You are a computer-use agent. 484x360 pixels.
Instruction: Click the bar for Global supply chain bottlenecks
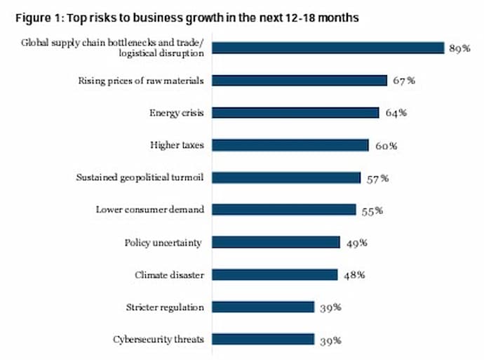tap(328, 48)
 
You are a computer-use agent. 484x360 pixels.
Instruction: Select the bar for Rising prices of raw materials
tap(299, 80)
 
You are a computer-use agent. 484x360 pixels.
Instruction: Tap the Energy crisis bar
tap(295, 112)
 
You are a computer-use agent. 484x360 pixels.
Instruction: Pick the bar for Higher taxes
tap(290, 145)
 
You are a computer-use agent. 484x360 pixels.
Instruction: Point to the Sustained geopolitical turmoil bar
tap(285, 178)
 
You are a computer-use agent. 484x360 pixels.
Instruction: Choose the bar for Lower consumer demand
tap(283, 209)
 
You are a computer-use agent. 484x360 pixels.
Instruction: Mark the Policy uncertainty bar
tap(276, 242)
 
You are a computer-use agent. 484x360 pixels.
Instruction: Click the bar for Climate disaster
tap(274, 274)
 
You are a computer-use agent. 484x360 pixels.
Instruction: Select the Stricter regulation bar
tap(262, 307)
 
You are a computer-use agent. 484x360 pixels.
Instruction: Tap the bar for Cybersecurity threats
tap(262, 340)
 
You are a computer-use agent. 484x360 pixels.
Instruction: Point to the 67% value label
tap(404, 81)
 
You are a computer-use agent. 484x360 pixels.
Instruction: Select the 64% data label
tap(396, 113)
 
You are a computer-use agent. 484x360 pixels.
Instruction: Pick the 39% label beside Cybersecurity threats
tap(330, 340)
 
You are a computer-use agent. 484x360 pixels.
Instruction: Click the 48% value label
tap(354, 275)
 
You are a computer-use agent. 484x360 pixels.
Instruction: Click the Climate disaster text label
tap(169, 274)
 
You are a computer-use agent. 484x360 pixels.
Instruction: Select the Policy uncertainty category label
tap(163, 242)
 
